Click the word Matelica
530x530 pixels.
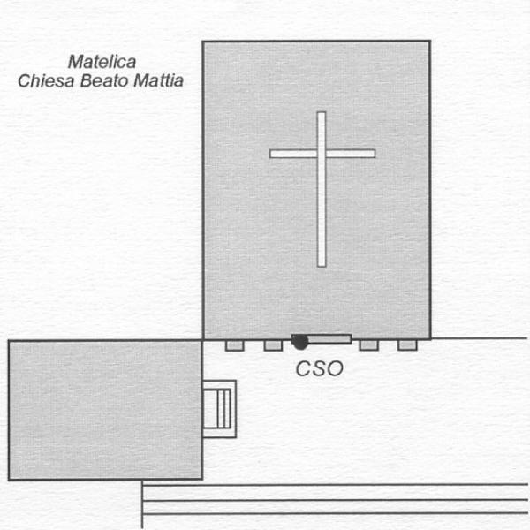[102, 62]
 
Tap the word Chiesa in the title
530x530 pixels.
[46, 80]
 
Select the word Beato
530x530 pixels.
[104, 80]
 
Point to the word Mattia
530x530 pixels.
[158, 80]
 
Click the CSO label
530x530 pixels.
[320, 368]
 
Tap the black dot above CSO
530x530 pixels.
[300, 342]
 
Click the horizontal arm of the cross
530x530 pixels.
[322, 154]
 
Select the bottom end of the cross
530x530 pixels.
[322, 267]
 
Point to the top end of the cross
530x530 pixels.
[322, 112]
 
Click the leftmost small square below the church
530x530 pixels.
[235, 345]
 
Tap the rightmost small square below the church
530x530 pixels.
[407, 345]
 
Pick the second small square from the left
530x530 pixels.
[273, 345]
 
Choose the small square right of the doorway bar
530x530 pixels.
[368, 345]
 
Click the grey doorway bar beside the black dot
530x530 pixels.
[329, 338]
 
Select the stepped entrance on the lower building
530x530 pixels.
[219, 409]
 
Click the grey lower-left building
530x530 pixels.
[105, 410]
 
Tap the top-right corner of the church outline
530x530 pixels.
[430, 42]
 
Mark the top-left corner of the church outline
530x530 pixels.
[203, 42]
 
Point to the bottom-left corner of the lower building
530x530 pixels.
[9, 480]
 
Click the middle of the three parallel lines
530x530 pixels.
[335, 500]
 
